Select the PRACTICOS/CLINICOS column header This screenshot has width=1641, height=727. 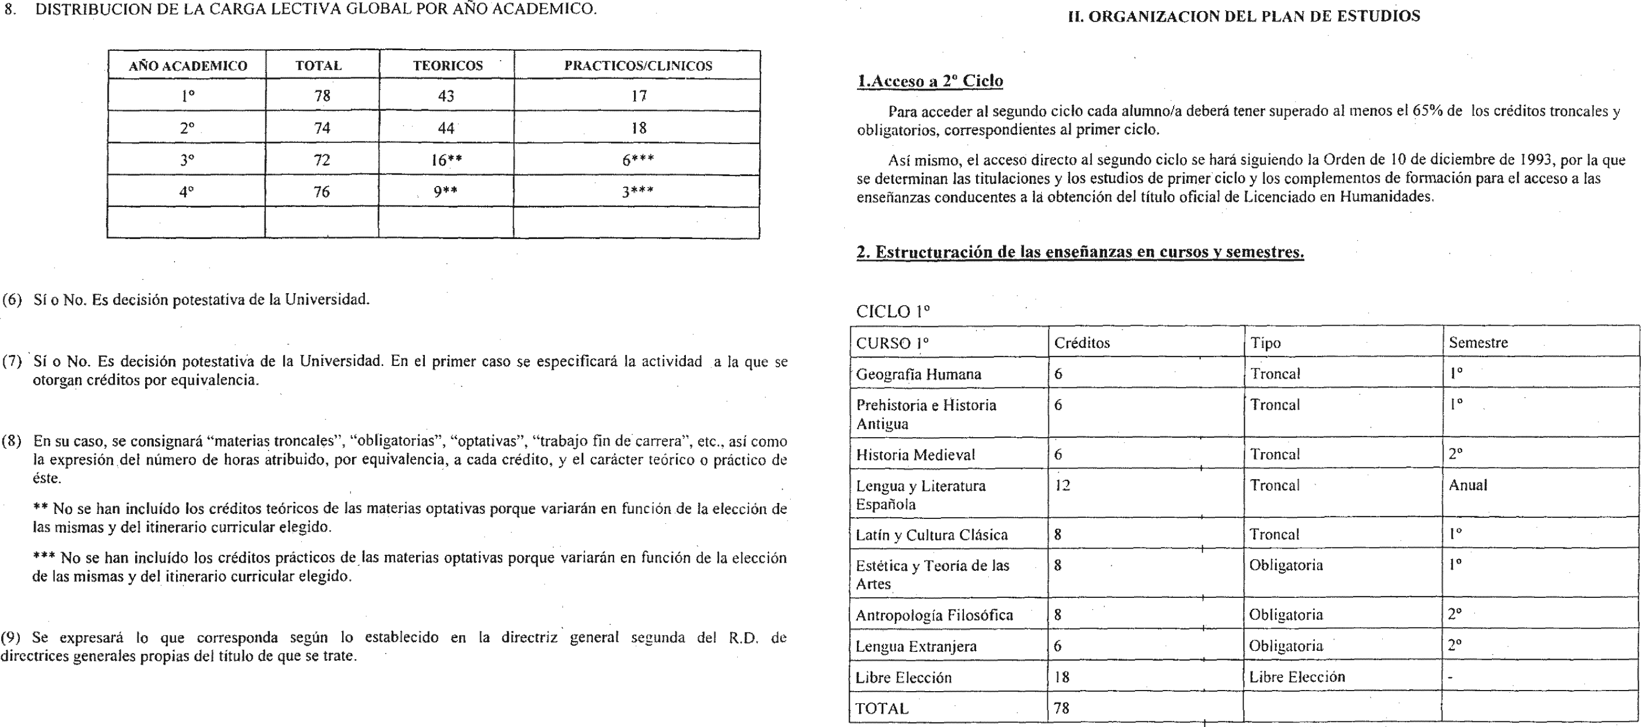638,66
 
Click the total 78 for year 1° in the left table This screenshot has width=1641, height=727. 322,95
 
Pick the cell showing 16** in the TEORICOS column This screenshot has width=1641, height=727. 446,160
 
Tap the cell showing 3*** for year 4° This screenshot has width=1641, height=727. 637,192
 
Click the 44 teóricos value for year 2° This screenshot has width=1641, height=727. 446,128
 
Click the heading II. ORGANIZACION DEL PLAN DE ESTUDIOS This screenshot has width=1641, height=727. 1244,17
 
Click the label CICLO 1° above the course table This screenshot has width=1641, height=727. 892,311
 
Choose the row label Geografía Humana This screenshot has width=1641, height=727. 918,375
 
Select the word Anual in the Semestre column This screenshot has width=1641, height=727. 1468,485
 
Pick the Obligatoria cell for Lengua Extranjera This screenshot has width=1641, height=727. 1286,646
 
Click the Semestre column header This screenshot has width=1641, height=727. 1478,343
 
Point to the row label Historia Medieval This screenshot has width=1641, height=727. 915,455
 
